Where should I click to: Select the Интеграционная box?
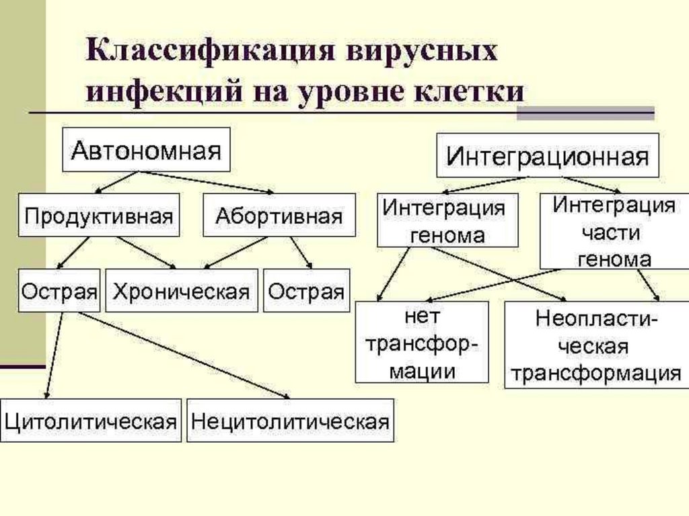(548, 157)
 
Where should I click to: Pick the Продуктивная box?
(99, 216)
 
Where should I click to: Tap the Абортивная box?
(279, 216)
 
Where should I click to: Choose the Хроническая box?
(181, 291)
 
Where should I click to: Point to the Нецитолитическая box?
(290, 421)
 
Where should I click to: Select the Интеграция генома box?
(447, 220)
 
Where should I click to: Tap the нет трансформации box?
(422, 342)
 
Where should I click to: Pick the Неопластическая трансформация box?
(593, 345)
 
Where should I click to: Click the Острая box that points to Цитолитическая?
(59, 291)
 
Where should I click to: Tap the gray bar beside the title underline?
(585, 113)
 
